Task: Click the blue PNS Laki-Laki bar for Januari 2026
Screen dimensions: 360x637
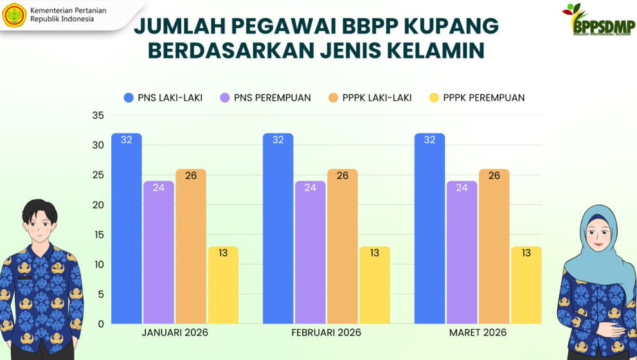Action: point(126,228)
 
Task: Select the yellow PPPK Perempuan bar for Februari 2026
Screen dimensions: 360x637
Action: point(374,285)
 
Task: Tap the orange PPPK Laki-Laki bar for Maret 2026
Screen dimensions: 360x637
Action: point(494,246)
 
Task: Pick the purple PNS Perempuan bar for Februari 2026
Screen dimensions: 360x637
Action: point(310,252)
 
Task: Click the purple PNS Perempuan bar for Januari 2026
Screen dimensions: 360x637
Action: point(158,252)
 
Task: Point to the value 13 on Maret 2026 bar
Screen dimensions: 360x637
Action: point(526,253)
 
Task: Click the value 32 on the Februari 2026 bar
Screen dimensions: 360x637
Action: point(278,139)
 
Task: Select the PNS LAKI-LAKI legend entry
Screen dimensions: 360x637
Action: point(163,98)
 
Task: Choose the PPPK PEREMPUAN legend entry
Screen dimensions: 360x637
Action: point(477,98)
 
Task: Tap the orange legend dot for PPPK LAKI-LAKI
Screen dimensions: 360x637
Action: point(333,98)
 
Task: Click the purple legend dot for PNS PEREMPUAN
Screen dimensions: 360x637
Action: point(225,98)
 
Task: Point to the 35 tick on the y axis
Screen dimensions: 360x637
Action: point(98,116)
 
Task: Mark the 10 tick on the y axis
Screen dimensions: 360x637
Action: point(98,264)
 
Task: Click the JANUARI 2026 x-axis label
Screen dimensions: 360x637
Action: point(175,332)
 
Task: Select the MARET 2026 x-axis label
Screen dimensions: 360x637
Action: point(478,332)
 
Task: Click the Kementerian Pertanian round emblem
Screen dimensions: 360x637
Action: point(14,15)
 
